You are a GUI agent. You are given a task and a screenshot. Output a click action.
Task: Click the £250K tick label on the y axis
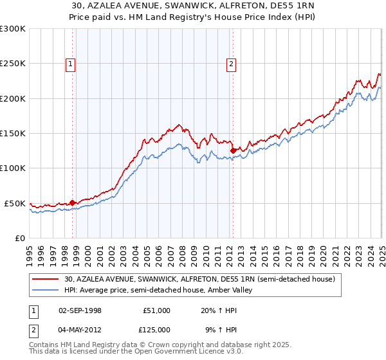click(x=13, y=64)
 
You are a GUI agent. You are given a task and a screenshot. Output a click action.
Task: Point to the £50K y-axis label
click(x=15, y=203)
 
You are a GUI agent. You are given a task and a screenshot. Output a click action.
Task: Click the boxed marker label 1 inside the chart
click(x=69, y=63)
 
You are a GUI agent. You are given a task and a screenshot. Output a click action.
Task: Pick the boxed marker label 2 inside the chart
click(x=230, y=63)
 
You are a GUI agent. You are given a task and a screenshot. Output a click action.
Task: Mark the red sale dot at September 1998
click(x=73, y=202)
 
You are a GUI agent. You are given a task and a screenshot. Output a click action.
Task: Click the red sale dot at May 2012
click(x=233, y=150)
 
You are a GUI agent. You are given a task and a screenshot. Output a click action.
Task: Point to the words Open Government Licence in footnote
click(x=167, y=353)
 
